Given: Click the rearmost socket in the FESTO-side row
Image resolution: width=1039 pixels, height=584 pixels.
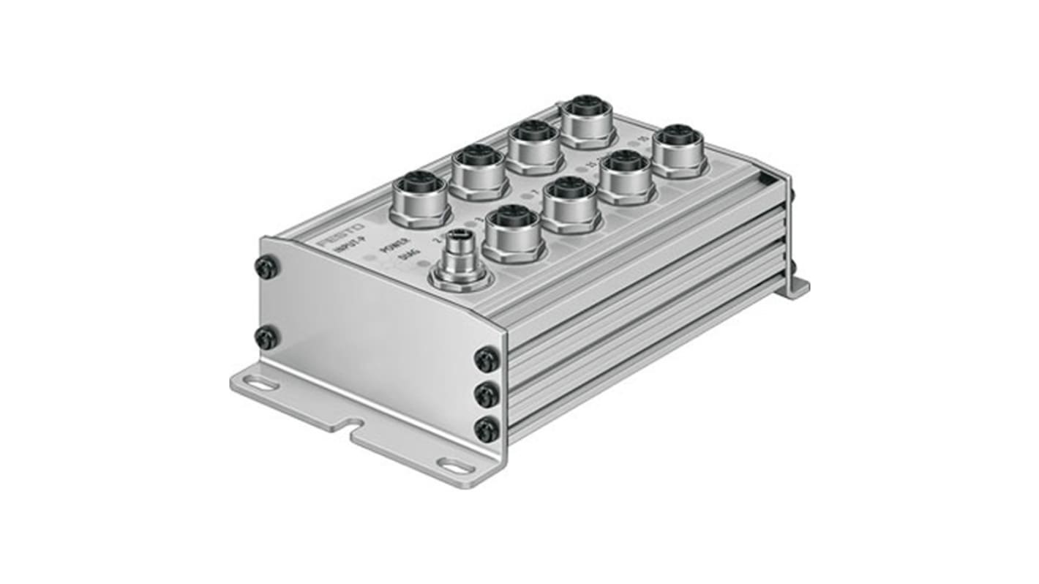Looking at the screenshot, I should click(587, 120).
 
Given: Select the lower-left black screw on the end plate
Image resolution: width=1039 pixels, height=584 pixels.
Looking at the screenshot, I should click(266, 338).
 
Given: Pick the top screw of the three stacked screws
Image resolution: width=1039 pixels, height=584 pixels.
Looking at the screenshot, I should click(487, 359).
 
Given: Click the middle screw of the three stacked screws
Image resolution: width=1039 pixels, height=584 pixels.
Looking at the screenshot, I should click(487, 395).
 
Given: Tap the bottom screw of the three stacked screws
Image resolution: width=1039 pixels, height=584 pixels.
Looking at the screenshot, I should click(487, 429).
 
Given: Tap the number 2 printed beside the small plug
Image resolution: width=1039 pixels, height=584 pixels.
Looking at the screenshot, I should click(437, 239).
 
